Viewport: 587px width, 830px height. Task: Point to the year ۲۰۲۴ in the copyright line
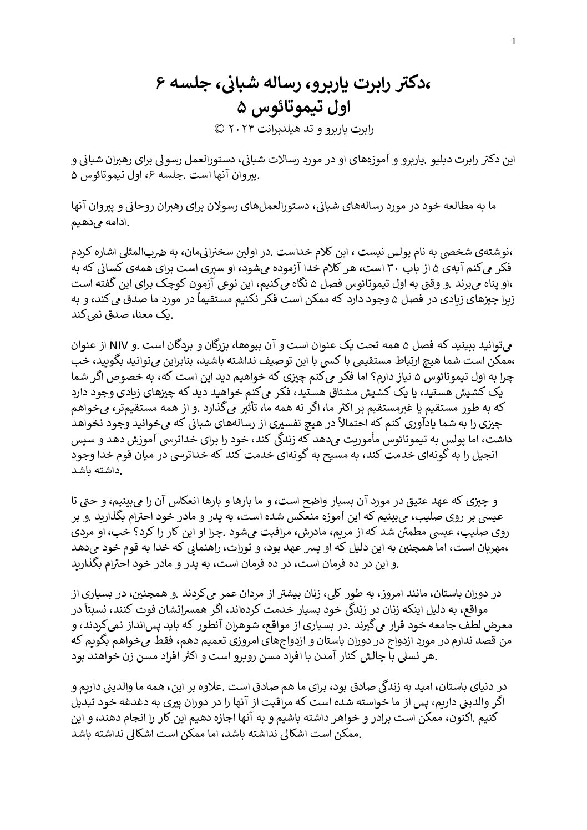click(x=240, y=130)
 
